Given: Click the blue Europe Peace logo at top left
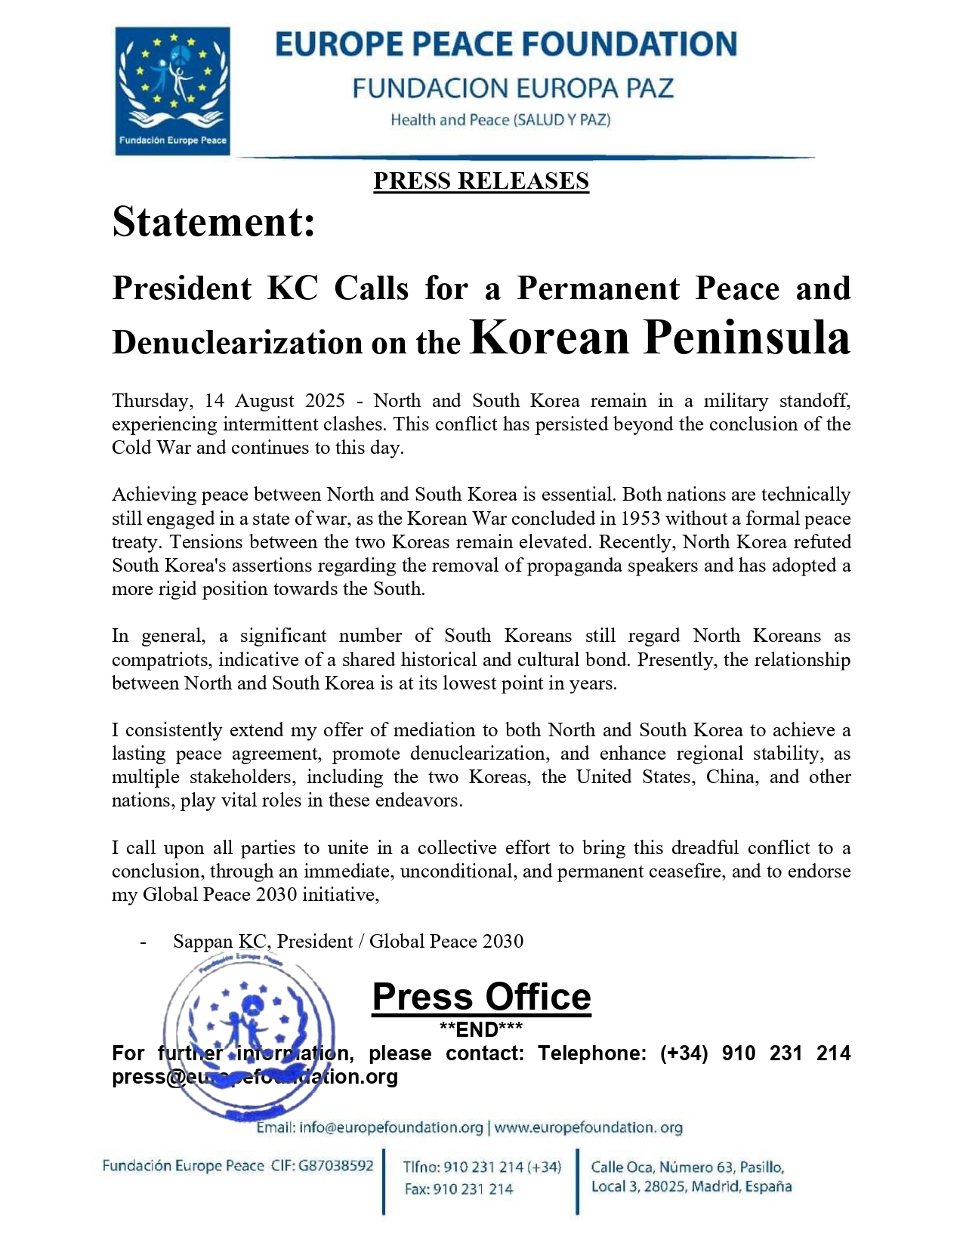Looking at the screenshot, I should pos(172,91).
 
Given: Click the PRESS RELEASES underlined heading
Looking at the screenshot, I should pos(481,181).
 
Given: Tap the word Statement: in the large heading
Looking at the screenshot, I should pos(214,223).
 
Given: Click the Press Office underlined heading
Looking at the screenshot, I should pos(481,997).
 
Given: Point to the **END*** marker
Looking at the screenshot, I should pos(481,1029).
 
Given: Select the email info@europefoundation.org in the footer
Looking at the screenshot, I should pos(391,1127).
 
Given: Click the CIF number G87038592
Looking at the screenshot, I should pos(336,1165).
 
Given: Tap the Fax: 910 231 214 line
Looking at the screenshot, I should pos(458,1189).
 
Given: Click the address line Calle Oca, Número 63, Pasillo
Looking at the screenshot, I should pos(687,1167).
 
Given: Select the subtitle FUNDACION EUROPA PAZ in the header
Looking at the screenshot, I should pos(513,88).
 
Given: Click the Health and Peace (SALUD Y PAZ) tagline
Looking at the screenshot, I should pos(500,119).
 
